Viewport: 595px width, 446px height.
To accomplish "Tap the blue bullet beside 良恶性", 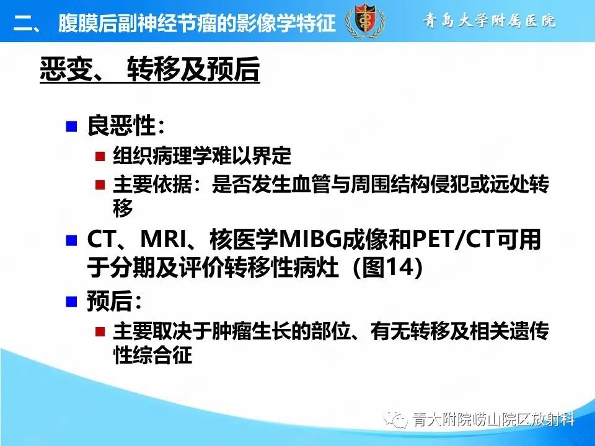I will [x=71, y=127].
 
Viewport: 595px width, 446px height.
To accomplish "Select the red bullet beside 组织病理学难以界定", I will [x=99, y=157].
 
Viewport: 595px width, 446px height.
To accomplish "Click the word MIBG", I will [x=310, y=240].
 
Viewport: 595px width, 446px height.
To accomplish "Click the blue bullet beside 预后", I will [x=71, y=302].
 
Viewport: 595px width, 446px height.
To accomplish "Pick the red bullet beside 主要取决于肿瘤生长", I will [x=99, y=331].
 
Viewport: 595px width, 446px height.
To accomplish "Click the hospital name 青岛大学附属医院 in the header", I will [x=490, y=20].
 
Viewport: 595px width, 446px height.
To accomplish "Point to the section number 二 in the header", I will [x=24, y=24].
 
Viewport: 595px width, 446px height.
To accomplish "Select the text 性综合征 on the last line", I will [x=152, y=356].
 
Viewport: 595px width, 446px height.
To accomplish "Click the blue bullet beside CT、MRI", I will [x=71, y=240].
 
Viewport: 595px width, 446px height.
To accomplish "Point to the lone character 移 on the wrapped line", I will [x=123, y=209].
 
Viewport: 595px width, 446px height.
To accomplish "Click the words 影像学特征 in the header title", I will [x=291, y=23].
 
